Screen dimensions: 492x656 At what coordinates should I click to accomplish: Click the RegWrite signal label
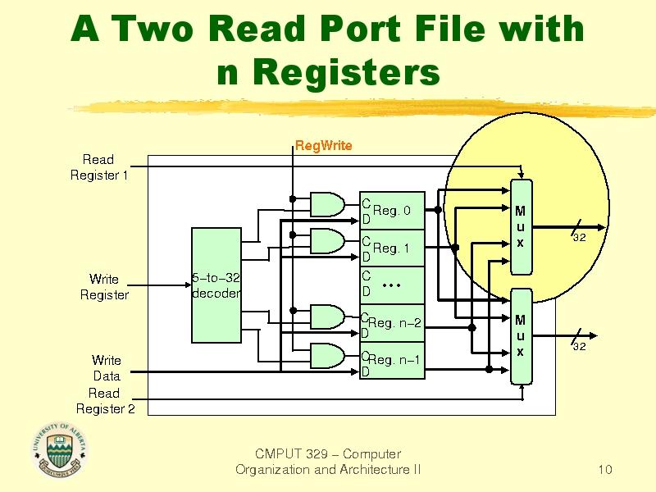point(323,146)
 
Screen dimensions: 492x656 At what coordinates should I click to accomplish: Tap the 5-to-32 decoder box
point(216,285)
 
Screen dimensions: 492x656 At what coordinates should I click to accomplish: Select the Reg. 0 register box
point(393,212)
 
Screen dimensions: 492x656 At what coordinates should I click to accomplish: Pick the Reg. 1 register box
point(393,248)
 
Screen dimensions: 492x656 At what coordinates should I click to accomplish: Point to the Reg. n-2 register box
point(393,324)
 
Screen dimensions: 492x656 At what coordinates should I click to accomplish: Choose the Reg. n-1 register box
point(393,360)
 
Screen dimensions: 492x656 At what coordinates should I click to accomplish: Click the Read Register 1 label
point(98,166)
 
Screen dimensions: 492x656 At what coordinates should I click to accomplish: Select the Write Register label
point(104,287)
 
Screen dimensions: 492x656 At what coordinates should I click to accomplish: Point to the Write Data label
point(106,368)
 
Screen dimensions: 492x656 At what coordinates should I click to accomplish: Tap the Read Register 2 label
point(105,401)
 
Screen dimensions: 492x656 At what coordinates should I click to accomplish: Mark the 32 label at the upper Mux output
point(578,238)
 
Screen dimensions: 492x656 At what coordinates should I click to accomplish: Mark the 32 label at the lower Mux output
point(578,347)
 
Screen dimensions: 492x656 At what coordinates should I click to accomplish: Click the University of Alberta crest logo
point(59,450)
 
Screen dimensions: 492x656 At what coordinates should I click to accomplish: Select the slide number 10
point(606,470)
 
